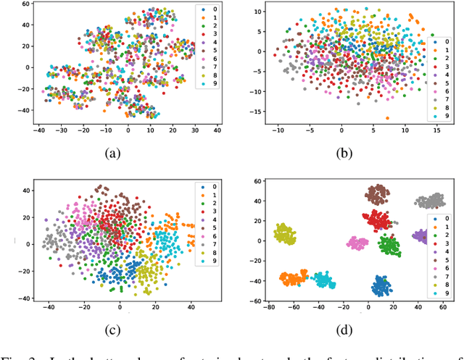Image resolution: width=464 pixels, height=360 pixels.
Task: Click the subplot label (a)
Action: pos(113,153)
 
